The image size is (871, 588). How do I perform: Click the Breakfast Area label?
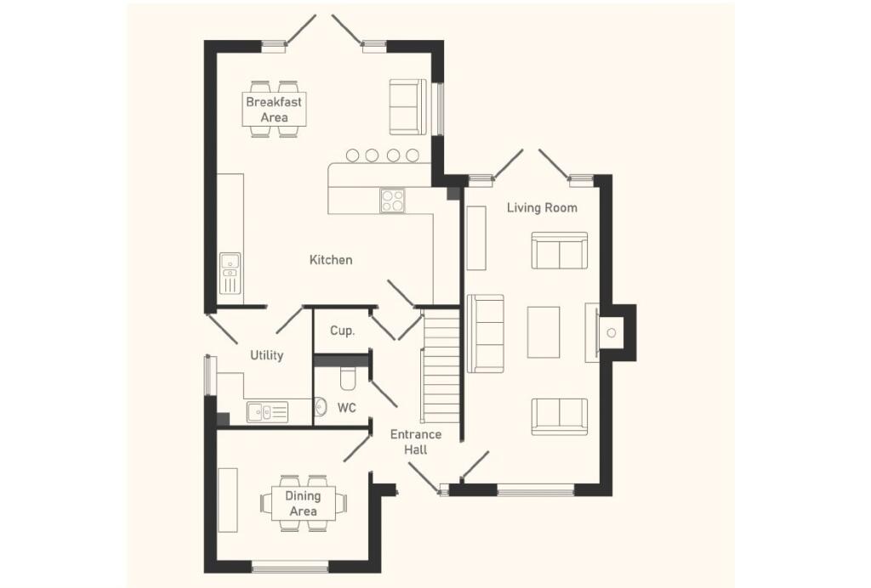click(x=274, y=109)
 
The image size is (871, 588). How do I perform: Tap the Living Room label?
click(x=542, y=207)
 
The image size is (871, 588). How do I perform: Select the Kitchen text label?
click(x=330, y=259)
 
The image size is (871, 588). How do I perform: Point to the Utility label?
click(x=266, y=355)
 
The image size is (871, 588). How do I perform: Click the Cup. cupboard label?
click(x=342, y=330)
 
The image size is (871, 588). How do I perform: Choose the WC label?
click(x=346, y=408)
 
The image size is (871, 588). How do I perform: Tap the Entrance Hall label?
click(x=415, y=442)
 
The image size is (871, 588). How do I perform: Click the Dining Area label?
click(x=303, y=503)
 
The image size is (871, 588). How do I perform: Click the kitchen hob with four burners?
click(x=392, y=200)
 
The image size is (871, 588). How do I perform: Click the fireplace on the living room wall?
click(x=611, y=332)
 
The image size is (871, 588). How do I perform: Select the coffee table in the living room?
click(x=544, y=331)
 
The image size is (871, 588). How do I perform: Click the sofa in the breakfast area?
click(x=408, y=106)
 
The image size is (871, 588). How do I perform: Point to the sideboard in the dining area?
click(x=227, y=500)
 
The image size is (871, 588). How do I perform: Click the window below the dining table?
click(x=290, y=566)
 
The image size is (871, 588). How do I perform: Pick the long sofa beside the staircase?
click(x=485, y=333)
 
